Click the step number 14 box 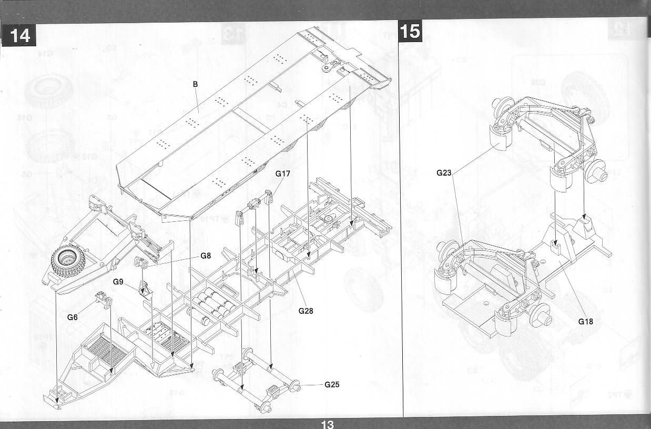pos(19,35)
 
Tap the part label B pos(195,84)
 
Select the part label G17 pos(282,173)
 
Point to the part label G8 pos(206,256)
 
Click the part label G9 pos(118,282)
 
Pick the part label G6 pos(73,317)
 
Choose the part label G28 pos(306,311)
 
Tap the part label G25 pos(332,384)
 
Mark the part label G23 pos(444,172)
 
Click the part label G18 pos(585,321)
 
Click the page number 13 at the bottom pos(327,424)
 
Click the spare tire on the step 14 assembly pos(67,260)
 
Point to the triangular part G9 pos(145,289)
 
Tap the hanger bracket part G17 pos(255,205)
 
